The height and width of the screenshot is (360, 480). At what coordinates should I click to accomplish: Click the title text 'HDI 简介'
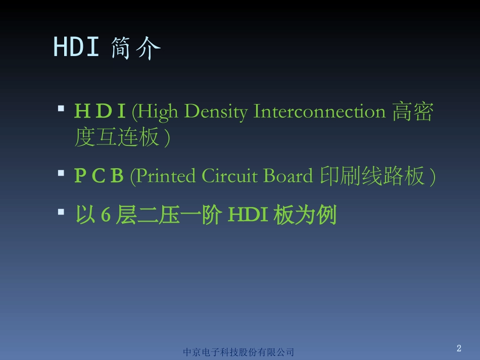pyautogui.click(x=107, y=48)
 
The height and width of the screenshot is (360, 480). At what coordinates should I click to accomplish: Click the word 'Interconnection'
pyautogui.click(x=319, y=112)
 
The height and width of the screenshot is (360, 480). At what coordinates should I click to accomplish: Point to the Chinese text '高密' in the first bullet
pyautogui.click(x=412, y=112)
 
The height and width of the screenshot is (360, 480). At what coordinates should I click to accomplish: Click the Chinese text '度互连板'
pyautogui.click(x=117, y=137)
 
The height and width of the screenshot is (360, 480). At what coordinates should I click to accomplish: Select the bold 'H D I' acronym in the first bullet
pyautogui.click(x=100, y=112)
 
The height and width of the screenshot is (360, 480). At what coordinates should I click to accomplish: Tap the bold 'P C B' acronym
pyautogui.click(x=99, y=176)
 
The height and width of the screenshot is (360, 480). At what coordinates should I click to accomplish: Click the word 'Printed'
pyautogui.click(x=166, y=176)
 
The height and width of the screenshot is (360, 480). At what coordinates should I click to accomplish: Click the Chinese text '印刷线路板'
pyautogui.click(x=371, y=176)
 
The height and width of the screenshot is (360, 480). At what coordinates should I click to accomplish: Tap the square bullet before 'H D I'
pyautogui.click(x=61, y=109)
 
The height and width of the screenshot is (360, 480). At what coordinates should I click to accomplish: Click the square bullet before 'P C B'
pyautogui.click(x=61, y=173)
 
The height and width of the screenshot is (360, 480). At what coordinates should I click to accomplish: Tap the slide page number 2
pyautogui.click(x=459, y=348)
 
